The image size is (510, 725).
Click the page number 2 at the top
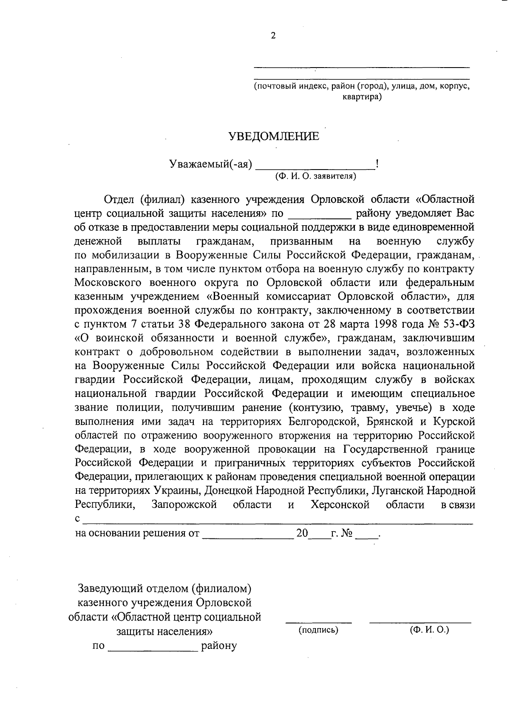tap(273, 36)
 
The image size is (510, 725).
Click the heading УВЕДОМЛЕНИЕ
tap(274, 136)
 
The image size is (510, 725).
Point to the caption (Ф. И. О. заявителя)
tap(315, 176)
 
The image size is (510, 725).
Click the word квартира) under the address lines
tap(362, 97)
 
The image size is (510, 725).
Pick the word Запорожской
tap(184, 505)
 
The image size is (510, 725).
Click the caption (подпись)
tap(318, 630)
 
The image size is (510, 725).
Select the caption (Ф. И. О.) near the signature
tap(429, 630)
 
